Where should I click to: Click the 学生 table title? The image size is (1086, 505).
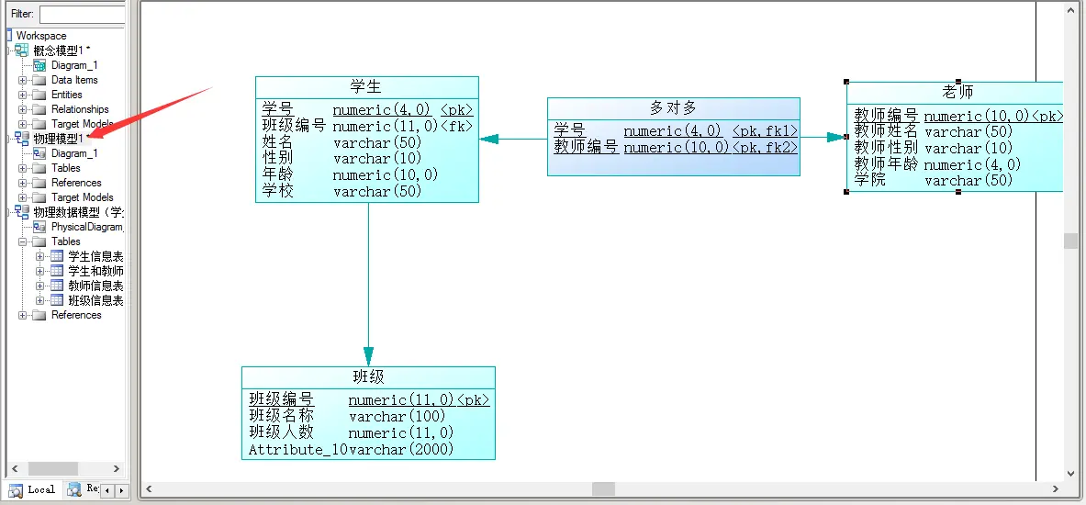[x=366, y=86]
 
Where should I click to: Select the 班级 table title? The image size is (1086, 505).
[x=368, y=377]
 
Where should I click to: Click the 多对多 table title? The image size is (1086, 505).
[x=673, y=108]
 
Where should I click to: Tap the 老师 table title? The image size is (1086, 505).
[x=957, y=92]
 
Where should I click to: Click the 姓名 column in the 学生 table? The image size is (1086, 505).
[x=277, y=142]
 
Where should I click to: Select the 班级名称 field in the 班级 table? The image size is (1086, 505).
[x=281, y=416]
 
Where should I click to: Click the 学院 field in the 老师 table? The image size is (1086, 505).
[x=871, y=180]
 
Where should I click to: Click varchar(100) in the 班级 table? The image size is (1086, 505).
[x=397, y=416]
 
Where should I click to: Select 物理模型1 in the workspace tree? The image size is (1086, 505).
[x=59, y=139]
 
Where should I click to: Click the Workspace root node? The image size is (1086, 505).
[x=41, y=36]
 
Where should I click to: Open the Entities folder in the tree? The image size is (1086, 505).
[x=66, y=95]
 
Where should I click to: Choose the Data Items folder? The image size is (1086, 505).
[x=74, y=80]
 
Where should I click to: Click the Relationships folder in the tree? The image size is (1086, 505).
[x=80, y=109]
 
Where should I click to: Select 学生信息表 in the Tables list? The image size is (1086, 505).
[x=95, y=256]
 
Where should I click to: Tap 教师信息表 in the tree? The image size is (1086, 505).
[x=95, y=286]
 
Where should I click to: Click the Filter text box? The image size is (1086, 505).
[x=82, y=15]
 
